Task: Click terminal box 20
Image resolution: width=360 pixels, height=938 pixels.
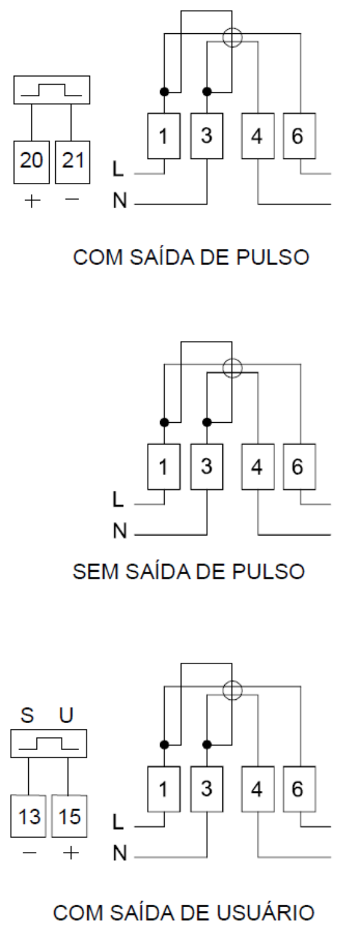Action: point(31,162)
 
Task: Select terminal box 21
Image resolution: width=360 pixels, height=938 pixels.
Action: point(72,162)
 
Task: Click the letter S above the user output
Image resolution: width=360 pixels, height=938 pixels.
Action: point(27,715)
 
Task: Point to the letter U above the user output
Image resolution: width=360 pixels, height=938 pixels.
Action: point(66,715)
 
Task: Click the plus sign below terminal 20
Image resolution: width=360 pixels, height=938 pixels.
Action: point(32,200)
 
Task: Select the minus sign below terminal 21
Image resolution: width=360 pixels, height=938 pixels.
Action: point(72,199)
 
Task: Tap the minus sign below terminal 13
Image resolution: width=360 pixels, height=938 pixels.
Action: point(30,853)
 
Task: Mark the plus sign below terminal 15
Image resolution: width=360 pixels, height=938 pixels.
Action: point(70,853)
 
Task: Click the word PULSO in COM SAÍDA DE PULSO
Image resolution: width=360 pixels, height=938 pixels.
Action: point(273,257)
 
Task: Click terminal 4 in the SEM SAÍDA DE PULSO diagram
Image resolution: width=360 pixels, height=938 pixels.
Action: point(258,467)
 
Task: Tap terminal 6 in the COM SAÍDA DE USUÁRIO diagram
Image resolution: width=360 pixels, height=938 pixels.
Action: point(299,789)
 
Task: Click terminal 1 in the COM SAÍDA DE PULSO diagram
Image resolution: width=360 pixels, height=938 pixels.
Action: point(164,136)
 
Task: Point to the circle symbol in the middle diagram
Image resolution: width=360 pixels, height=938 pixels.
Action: point(232,369)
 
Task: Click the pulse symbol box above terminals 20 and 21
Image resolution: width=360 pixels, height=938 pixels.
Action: point(52,90)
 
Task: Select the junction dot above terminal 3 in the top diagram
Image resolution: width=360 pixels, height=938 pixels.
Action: point(207,92)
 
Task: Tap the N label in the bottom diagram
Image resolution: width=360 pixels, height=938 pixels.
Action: point(120,853)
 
